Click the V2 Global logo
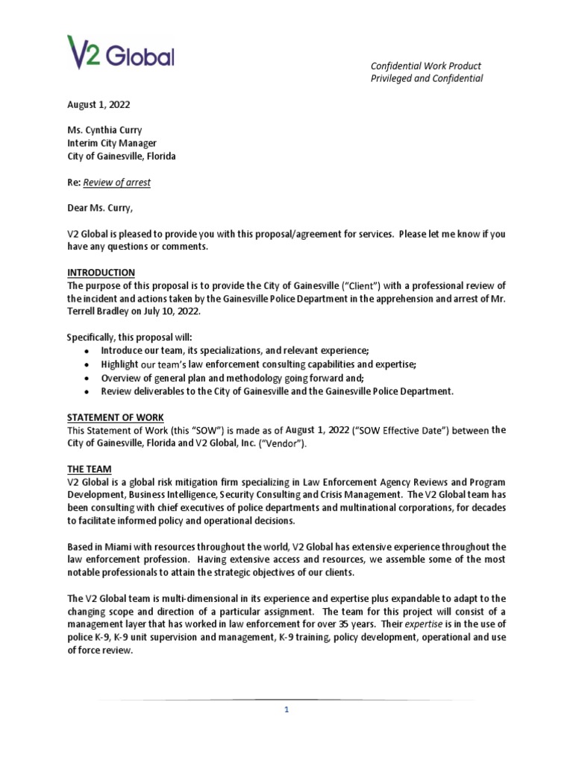(x=121, y=52)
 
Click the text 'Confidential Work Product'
(x=425, y=66)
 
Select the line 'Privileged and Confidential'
(x=427, y=79)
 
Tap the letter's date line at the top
(x=97, y=105)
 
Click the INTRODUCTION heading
(x=101, y=273)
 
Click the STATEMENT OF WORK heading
(x=115, y=417)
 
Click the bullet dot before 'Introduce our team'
(x=87, y=351)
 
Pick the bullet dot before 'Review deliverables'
(x=87, y=391)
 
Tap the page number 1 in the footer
(x=286, y=710)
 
